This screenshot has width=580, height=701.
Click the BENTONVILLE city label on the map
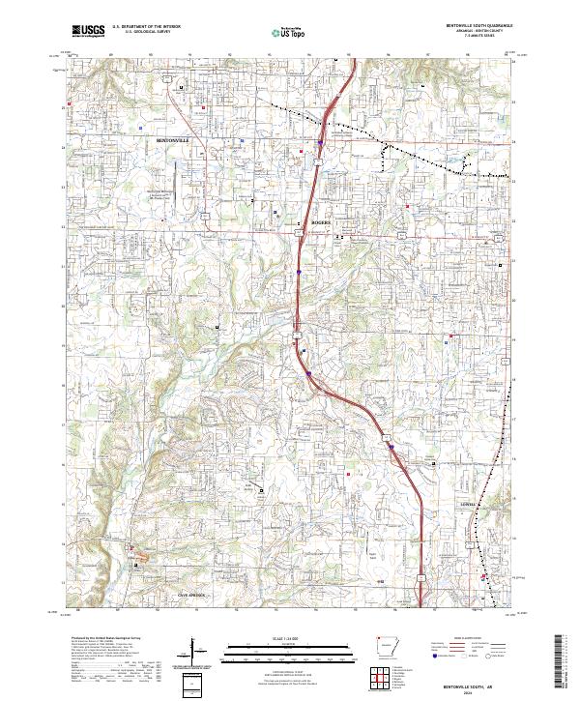(175, 140)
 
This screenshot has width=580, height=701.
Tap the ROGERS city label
(321, 222)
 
